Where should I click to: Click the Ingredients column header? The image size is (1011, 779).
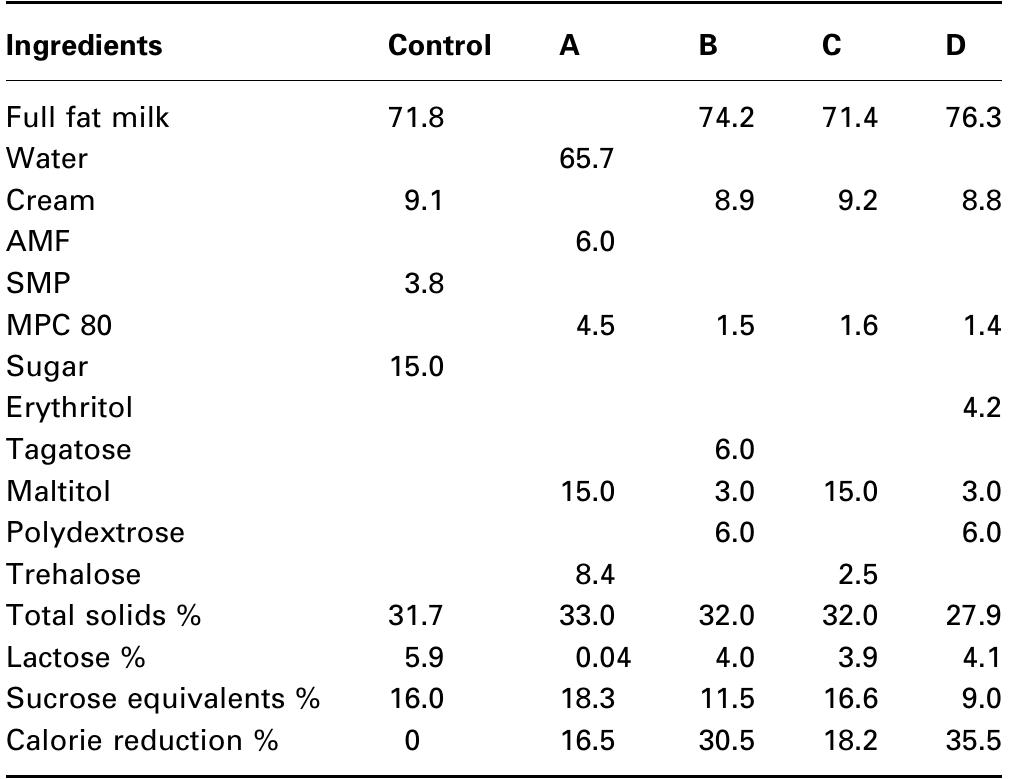tap(84, 46)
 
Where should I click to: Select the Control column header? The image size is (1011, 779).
tap(439, 46)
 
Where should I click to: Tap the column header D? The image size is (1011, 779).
tap(955, 46)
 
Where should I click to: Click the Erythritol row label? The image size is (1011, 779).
tap(69, 408)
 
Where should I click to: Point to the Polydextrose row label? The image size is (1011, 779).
tap(95, 532)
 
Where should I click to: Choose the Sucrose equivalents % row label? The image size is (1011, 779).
tap(163, 699)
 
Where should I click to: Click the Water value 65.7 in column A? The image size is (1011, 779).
tap(586, 158)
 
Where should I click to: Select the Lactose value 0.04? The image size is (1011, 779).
tap(593, 657)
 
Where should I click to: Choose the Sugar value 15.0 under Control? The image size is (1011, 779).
tap(416, 366)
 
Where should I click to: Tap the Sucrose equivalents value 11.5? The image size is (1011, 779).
tap(726, 699)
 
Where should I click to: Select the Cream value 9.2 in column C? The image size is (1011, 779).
tap(856, 200)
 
